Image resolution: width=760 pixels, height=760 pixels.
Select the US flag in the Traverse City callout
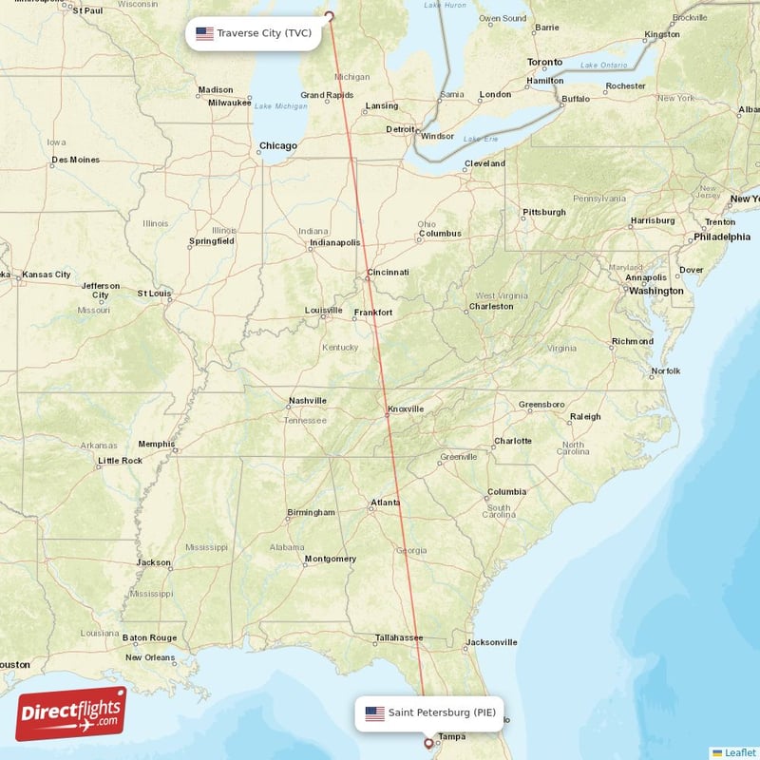204,33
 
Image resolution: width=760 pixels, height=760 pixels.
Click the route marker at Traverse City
331,15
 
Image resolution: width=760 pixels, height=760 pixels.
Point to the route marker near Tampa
428,743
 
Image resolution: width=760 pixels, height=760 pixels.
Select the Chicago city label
277,146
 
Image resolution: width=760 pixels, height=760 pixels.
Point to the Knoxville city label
405,409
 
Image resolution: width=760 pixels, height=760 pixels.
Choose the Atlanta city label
385,503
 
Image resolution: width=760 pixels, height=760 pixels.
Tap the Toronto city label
544,62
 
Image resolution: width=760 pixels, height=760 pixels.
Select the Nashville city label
307,401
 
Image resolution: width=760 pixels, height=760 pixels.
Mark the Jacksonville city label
491,642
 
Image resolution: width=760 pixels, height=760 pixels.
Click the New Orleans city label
150,657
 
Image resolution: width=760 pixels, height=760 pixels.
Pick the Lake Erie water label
480,139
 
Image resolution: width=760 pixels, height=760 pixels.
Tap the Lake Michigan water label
276,104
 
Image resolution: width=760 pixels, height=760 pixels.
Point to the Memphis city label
157,444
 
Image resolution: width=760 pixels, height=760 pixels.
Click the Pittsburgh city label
543,212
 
